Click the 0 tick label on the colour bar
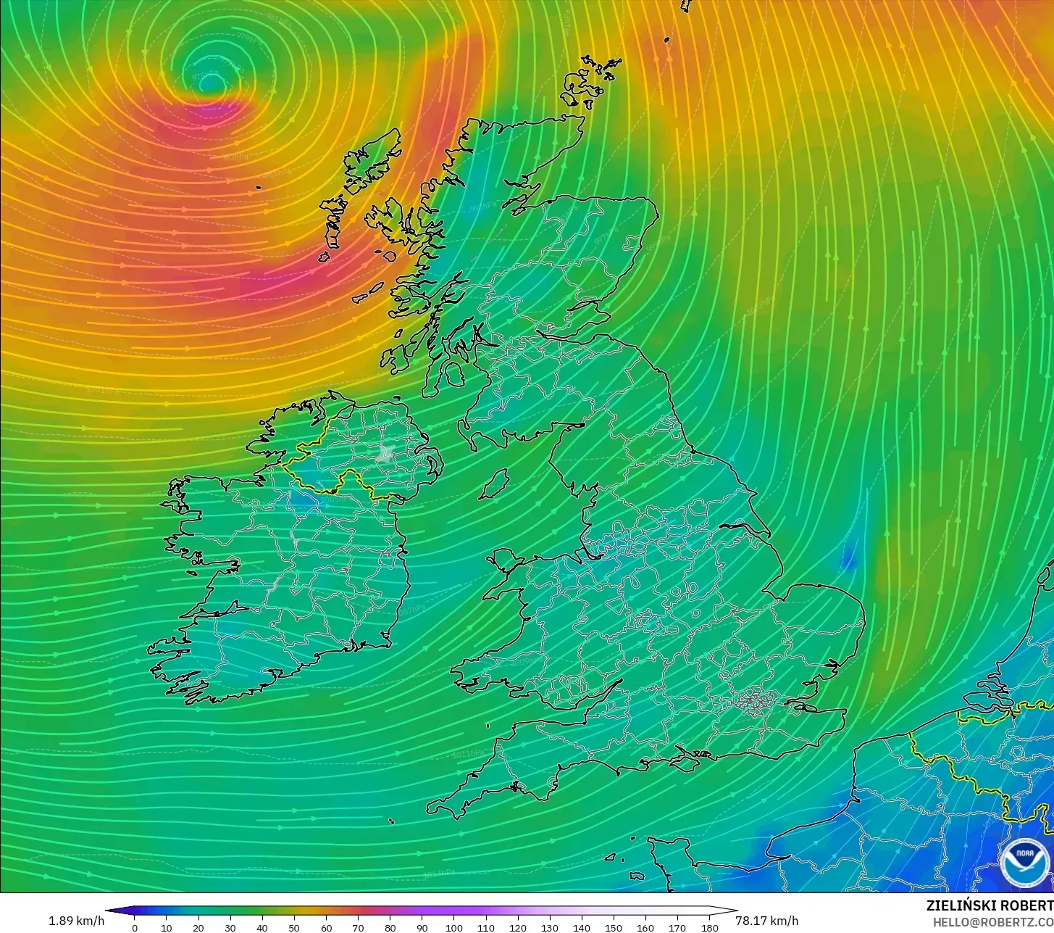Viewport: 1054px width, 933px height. coord(134,927)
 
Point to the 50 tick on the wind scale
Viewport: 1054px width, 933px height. coord(294,927)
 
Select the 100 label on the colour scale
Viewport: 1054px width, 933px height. coord(454,927)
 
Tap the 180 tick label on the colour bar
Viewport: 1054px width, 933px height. coord(710,927)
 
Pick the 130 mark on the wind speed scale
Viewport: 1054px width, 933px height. coord(550,927)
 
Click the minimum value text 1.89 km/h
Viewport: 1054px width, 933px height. coord(76,921)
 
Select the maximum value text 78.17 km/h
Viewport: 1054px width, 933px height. coord(766,921)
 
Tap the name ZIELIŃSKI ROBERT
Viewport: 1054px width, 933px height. coord(990,905)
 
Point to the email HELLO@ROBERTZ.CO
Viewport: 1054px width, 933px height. coord(992,921)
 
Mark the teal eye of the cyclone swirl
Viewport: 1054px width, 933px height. coord(210,84)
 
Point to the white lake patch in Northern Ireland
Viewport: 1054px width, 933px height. coord(385,454)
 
